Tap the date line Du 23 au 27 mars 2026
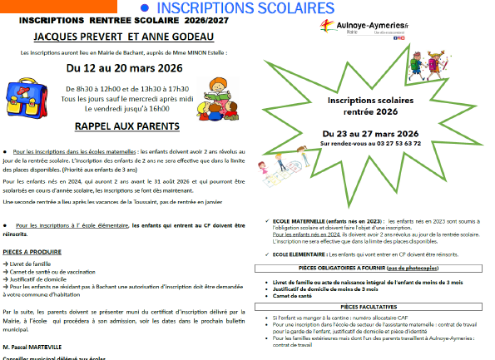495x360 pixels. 370,133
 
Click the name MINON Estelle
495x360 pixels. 225,52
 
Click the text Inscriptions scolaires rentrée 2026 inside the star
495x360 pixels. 369,104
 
